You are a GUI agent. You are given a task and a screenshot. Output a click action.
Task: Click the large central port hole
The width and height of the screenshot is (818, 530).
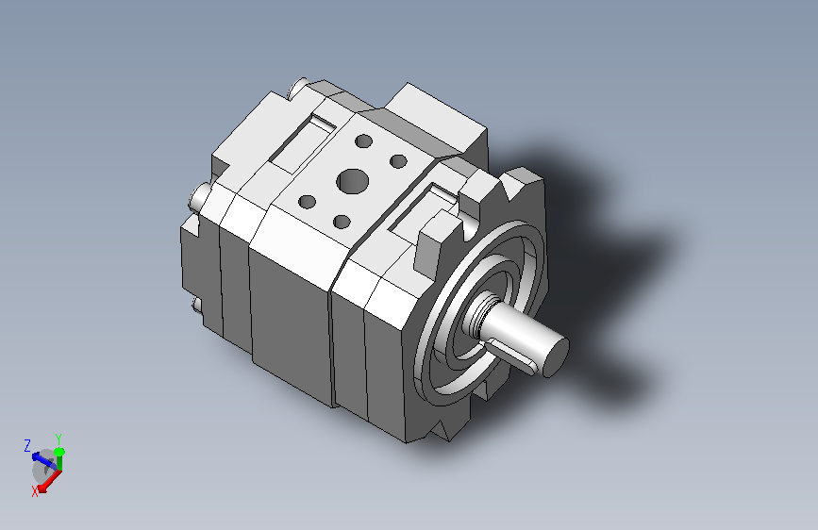tap(353, 181)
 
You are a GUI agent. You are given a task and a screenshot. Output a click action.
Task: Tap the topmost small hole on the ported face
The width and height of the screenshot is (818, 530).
tap(363, 141)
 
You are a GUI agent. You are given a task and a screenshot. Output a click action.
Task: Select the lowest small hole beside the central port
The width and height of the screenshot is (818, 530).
tap(342, 223)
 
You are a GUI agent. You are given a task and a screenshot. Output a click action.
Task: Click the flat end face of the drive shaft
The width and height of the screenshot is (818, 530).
tap(556, 357)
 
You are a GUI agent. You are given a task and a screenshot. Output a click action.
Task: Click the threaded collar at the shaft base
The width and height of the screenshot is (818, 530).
tap(477, 313)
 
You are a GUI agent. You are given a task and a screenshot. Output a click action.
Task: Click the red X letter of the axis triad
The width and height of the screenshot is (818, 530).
tap(34, 491)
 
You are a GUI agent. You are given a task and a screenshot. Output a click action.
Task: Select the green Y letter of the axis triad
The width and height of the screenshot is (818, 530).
tap(58, 439)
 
